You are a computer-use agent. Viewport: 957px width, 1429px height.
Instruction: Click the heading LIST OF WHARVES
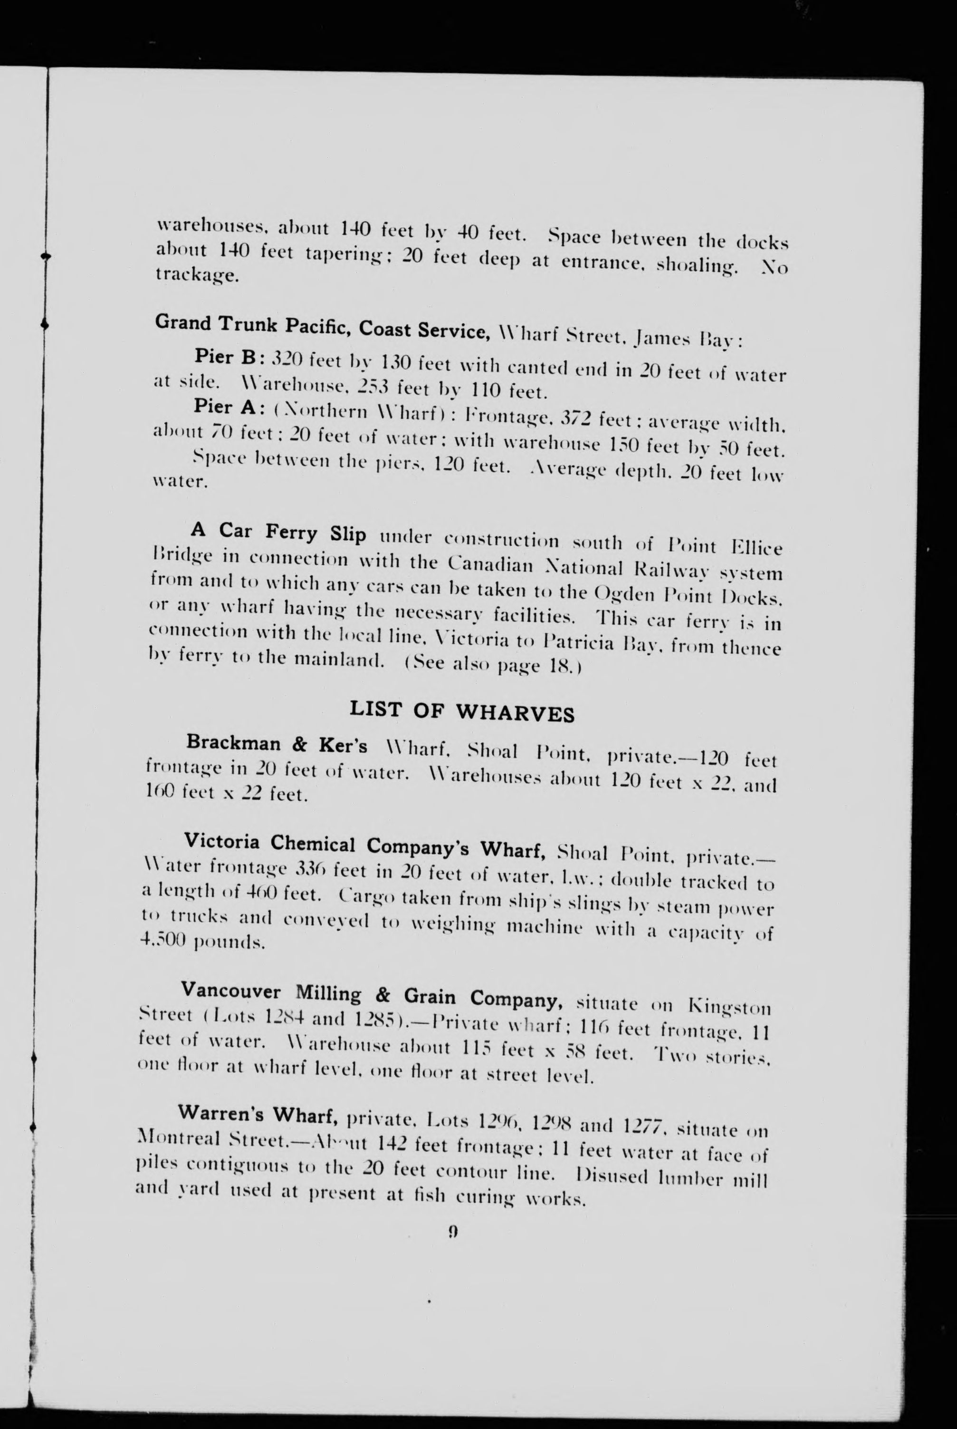[x=461, y=712]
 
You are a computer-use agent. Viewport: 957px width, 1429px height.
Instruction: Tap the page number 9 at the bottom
[x=453, y=1232]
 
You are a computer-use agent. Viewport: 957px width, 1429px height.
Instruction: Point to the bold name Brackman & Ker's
[x=277, y=744]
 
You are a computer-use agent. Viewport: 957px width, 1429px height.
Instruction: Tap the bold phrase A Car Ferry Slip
[x=278, y=533]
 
